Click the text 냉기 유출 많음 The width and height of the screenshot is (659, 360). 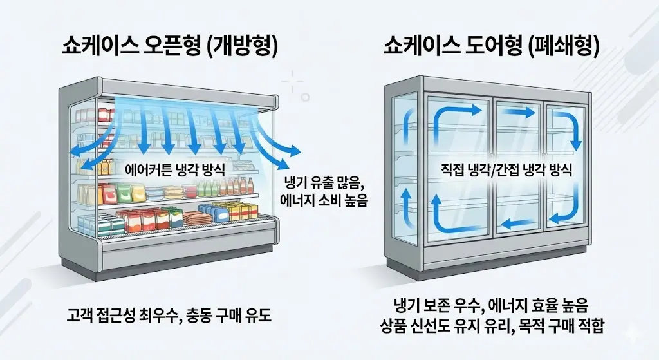323,182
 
